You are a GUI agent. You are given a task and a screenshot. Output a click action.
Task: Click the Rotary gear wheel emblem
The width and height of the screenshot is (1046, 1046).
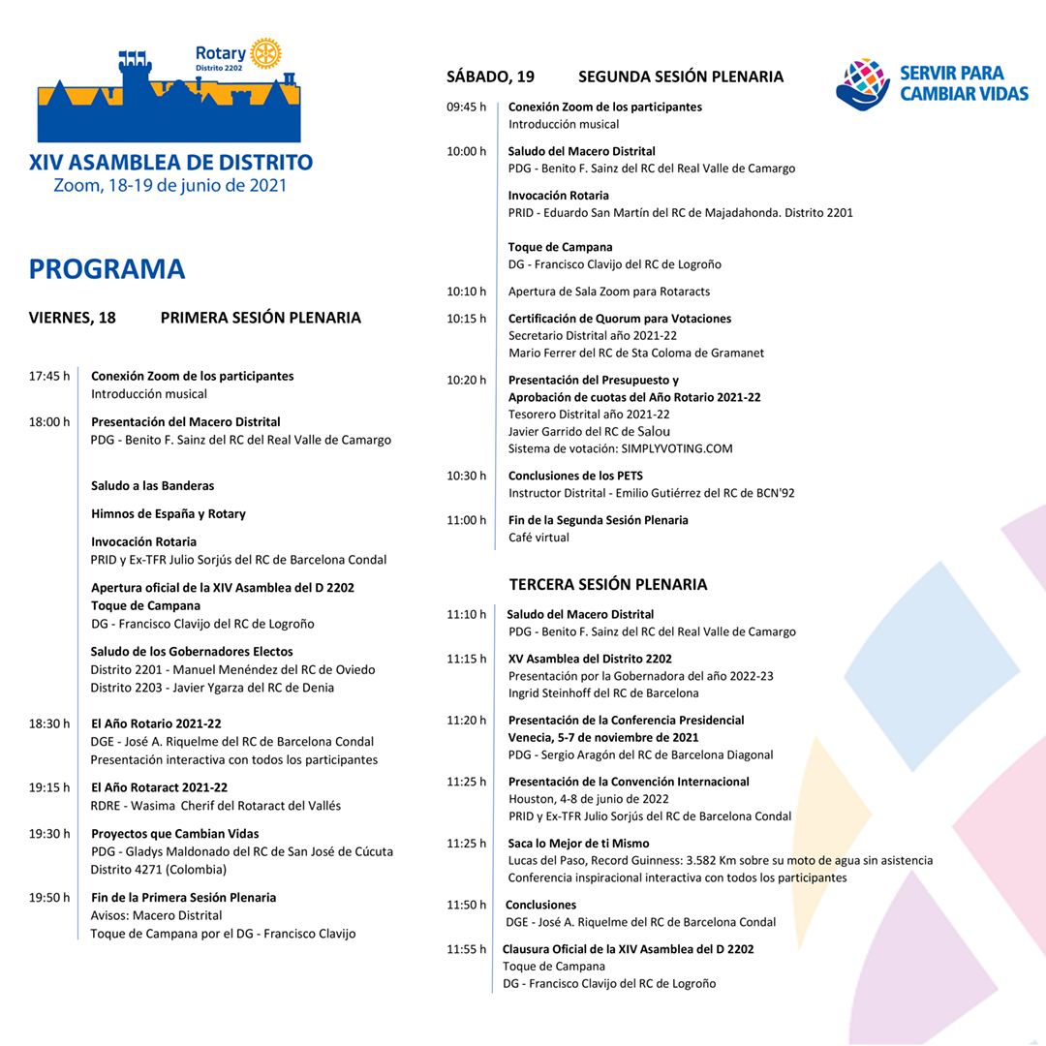pyautogui.click(x=264, y=54)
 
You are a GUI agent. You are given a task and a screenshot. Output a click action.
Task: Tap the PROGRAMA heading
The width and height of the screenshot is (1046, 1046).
pyautogui.click(x=107, y=269)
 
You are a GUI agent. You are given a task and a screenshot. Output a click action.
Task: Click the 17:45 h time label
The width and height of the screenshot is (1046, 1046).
pyautogui.click(x=49, y=376)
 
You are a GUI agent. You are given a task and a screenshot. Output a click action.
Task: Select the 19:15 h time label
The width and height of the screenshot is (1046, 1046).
pyautogui.click(x=49, y=787)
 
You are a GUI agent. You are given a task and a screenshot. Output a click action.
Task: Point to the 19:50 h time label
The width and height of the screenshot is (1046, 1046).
pyautogui.click(x=49, y=898)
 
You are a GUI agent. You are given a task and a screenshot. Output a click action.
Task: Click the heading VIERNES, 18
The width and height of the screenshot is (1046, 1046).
pyautogui.click(x=73, y=318)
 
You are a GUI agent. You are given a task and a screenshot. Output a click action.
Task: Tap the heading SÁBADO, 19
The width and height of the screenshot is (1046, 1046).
pyautogui.click(x=490, y=77)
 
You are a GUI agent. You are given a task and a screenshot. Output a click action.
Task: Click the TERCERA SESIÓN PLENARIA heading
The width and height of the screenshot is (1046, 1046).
pyautogui.click(x=608, y=584)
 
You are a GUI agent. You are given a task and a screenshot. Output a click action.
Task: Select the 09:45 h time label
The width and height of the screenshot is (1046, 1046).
pyautogui.click(x=467, y=107)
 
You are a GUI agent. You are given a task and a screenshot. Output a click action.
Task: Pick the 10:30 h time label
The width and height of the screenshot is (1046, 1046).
pyautogui.click(x=467, y=476)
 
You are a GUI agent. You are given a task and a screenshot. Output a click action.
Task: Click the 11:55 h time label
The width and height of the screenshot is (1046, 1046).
pyautogui.click(x=467, y=949)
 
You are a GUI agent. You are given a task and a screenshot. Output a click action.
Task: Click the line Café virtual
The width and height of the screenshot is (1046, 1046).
pyautogui.click(x=539, y=538)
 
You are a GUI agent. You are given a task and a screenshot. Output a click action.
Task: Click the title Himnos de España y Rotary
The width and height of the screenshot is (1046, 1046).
pyautogui.click(x=169, y=513)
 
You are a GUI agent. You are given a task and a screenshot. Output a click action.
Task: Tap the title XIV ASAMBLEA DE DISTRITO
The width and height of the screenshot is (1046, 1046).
pyautogui.click(x=171, y=162)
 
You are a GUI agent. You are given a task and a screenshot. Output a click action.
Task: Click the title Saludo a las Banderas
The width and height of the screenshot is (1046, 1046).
pyautogui.click(x=153, y=485)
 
